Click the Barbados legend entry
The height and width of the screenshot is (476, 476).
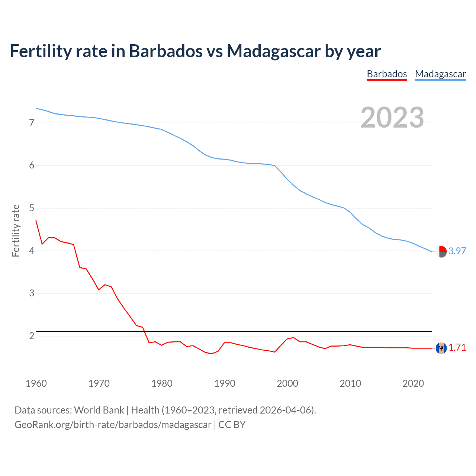tap(387, 74)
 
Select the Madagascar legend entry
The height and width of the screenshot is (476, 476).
tap(440, 74)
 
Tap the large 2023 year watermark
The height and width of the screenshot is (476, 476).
tap(392, 118)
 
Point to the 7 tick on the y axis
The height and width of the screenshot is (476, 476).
tap(32, 123)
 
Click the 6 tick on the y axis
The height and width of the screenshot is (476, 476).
tap(32, 165)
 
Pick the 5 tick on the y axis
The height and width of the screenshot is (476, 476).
tap(32, 208)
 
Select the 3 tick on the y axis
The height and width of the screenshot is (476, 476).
tap(32, 293)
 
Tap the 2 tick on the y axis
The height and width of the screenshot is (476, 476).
tap(32, 336)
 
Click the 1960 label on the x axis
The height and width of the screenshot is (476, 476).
tap(36, 383)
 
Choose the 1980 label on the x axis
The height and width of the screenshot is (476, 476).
tap(162, 383)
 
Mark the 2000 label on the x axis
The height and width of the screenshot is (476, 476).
tap(287, 383)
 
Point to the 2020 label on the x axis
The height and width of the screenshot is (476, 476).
tap(413, 383)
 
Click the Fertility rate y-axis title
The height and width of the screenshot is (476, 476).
tap(16, 231)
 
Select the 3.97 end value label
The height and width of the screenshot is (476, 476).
tap(457, 251)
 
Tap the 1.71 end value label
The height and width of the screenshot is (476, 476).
tap(457, 348)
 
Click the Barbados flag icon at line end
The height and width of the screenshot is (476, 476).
tap(441, 348)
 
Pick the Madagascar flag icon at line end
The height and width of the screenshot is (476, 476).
tap(441, 252)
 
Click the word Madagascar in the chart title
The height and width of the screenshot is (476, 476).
tap(274, 51)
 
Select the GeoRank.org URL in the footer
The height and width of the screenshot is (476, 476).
tap(113, 425)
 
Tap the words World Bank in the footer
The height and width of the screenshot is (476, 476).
tap(99, 410)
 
